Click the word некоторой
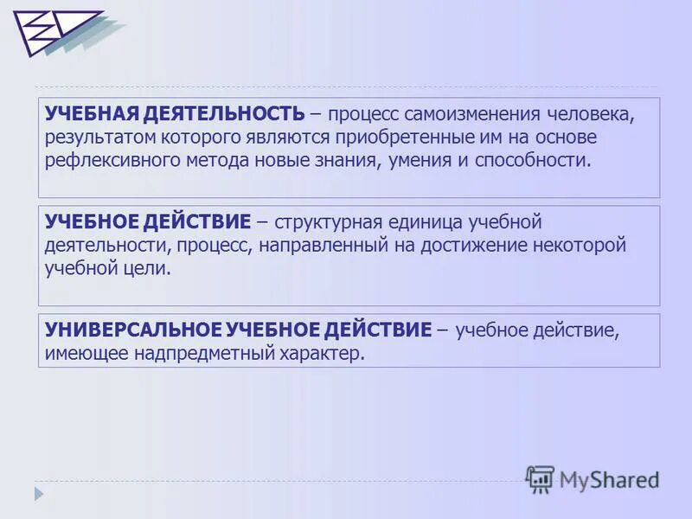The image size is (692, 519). tap(578, 246)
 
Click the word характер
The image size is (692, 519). tap(325, 353)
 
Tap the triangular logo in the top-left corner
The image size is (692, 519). tap(54, 33)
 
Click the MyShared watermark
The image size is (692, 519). tap(593, 478)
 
